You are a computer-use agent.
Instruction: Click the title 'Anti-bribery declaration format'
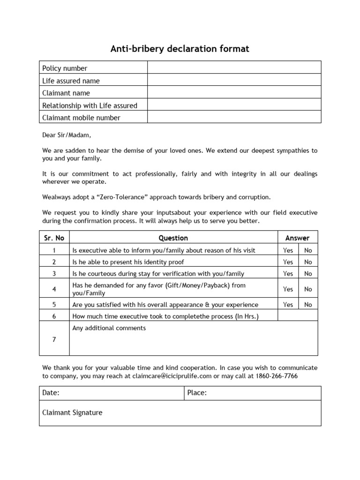(180, 49)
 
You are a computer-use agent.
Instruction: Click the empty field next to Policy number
(234, 68)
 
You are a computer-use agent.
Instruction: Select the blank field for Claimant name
(234, 93)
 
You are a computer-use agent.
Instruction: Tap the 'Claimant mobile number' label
(81, 118)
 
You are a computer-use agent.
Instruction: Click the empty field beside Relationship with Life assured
(234, 105)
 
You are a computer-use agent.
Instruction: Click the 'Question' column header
(173, 238)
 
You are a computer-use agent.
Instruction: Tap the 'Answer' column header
(297, 238)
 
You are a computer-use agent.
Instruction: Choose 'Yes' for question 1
(288, 250)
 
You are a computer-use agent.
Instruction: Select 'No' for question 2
(308, 262)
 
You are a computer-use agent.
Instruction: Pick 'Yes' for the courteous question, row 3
(288, 274)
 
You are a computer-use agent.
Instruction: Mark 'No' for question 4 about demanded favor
(308, 289)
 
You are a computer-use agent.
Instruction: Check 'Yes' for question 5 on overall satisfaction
(288, 305)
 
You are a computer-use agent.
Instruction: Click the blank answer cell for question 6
(297, 316)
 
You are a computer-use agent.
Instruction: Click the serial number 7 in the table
(54, 339)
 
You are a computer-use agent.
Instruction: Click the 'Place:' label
(197, 393)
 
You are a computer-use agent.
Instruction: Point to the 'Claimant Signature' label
(72, 412)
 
